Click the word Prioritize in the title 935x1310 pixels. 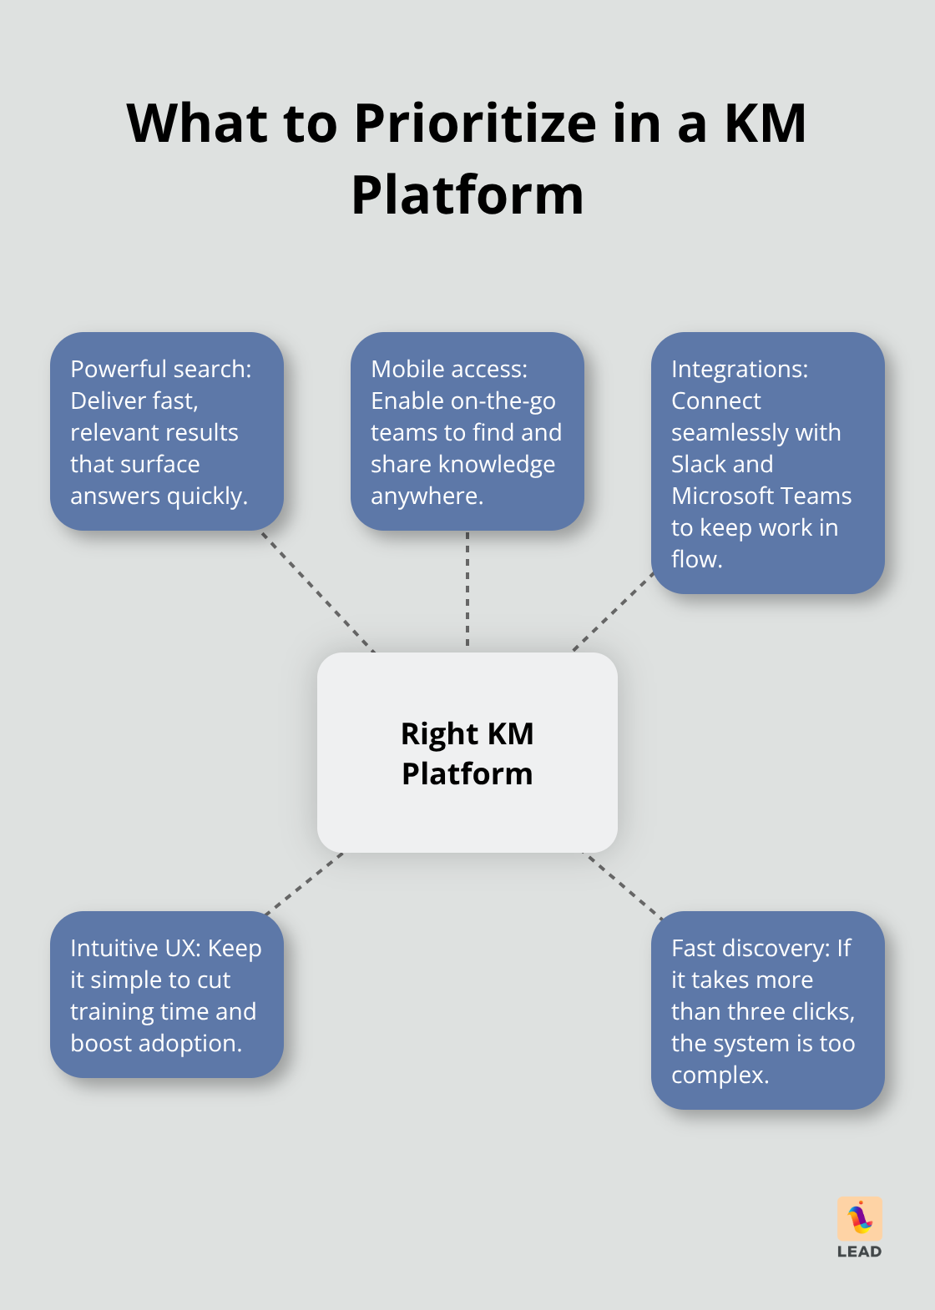point(476,124)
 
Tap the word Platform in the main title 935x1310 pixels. point(467,196)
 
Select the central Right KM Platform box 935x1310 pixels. point(467,752)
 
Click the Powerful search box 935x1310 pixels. point(167,431)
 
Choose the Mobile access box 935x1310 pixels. point(467,431)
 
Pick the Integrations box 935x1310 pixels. point(767,463)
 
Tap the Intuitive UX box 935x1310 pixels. point(167,995)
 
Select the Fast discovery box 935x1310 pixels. point(767,1010)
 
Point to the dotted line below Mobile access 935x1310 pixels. point(467,591)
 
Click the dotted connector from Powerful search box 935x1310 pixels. point(317,591)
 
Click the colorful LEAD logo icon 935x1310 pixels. point(860,1219)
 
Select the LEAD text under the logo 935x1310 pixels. point(860,1252)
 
